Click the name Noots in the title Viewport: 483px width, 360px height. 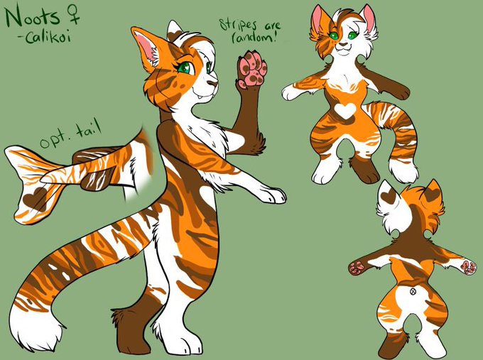(33, 16)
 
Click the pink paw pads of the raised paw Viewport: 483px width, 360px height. (251, 70)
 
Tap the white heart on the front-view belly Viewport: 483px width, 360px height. (345, 111)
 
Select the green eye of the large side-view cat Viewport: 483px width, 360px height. (185, 68)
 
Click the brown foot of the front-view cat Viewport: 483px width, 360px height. (365, 170)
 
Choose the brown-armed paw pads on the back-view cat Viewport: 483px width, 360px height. (357, 267)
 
